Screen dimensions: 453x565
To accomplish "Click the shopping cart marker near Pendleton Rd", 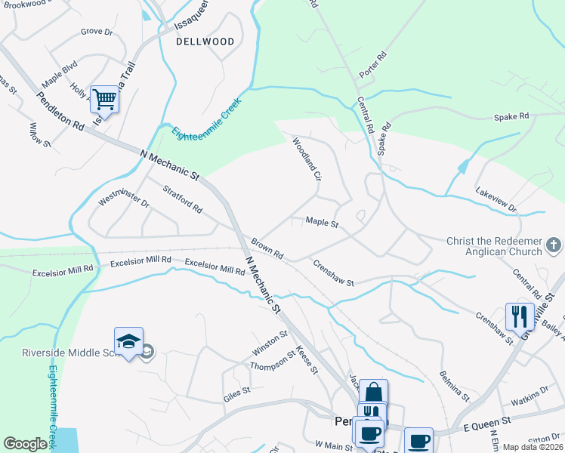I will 104,99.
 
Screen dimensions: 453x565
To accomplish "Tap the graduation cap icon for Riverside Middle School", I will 128,341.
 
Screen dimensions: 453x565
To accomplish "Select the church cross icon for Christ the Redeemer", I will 554,245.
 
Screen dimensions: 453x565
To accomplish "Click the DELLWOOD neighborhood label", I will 205,42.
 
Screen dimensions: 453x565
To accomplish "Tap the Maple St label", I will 321,223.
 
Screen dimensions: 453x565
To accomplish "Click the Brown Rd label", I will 267,248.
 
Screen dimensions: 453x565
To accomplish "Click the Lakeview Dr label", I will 496,200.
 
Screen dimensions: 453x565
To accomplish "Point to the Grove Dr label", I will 96,32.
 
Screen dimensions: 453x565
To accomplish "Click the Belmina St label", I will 454,386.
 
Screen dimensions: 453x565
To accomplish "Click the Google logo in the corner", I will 26,444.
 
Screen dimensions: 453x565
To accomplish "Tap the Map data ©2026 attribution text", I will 533,447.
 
